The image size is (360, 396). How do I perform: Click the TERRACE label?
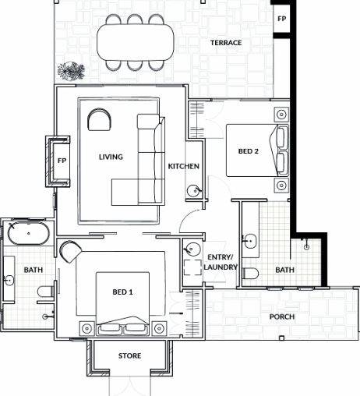point(225,43)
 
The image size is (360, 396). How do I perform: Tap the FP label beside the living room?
point(62,161)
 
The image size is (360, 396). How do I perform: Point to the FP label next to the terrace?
point(281,17)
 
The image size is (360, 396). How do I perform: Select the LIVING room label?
point(111,157)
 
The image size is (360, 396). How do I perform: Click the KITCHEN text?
point(184,167)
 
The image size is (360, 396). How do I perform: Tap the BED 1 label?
point(123,292)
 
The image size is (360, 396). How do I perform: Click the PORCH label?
point(282,316)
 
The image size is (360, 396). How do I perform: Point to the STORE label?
point(129,355)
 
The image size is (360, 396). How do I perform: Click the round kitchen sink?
point(191,191)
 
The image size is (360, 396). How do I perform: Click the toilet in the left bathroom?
point(45,292)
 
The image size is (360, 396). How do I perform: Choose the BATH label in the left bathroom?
point(33,270)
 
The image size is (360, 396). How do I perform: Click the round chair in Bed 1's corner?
point(70,250)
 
